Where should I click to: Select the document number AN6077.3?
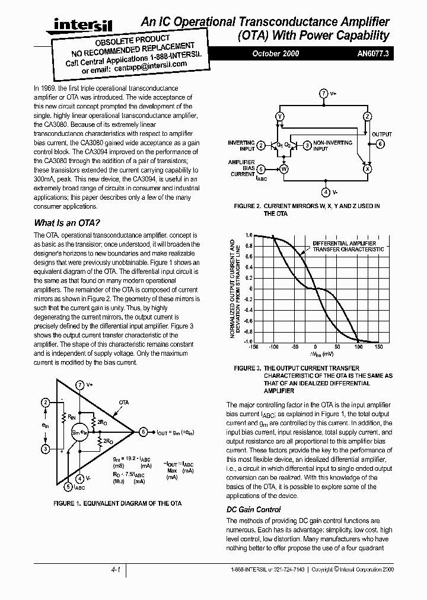tap(374, 53)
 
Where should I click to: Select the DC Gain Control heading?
tap(254, 509)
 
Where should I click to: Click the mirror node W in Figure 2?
tap(283, 168)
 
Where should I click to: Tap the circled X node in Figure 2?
tap(367, 168)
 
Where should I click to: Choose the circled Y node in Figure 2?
tap(280, 116)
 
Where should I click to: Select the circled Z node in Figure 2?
tap(367, 116)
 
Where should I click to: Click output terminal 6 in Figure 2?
tap(380, 143)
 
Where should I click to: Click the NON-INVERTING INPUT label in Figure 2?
tap(332, 146)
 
